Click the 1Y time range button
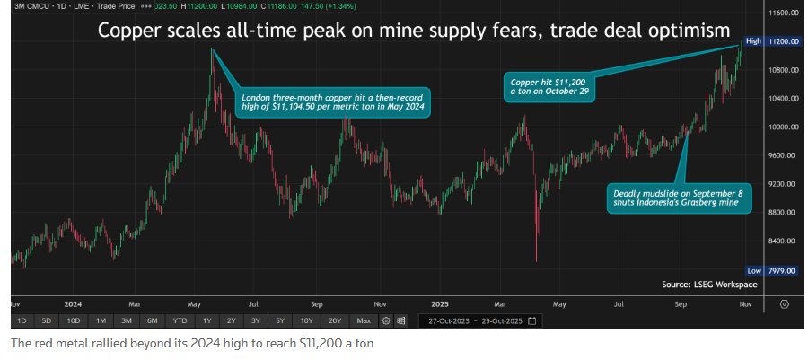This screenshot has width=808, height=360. click(x=207, y=320)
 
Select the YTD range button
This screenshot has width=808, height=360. click(x=180, y=320)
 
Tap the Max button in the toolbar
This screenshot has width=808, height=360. click(x=364, y=320)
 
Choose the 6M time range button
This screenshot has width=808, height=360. click(x=153, y=320)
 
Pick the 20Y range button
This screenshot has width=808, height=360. click(x=335, y=320)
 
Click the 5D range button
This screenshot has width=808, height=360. click(x=48, y=320)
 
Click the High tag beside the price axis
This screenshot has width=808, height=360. click(x=753, y=41)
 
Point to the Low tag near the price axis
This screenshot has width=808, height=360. click(x=753, y=270)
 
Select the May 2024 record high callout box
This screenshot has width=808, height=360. click(x=333, y=101)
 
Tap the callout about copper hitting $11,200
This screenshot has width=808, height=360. click(x=549, y=86)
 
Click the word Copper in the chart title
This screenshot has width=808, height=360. click(x=127, y=31)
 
